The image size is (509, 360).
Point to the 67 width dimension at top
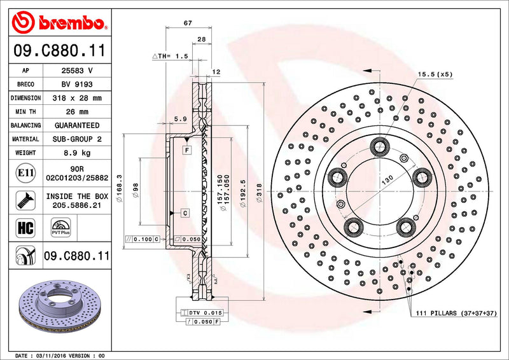pyautogui.click(x=188, y=23)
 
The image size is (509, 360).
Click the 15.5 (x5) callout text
pyautogui.click(x=435, y=74)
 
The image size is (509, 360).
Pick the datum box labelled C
pyautogui.click(x=184, y=213)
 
